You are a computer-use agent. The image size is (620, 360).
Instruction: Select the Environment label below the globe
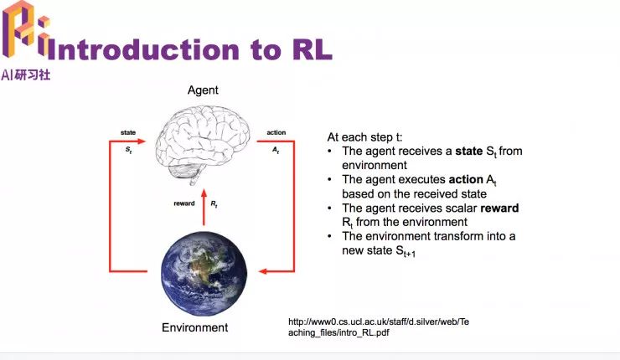[x=194, y=327]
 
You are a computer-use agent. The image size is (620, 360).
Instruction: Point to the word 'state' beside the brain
[x=128, y=132]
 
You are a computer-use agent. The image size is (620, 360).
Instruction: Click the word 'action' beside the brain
[x=276, y=132]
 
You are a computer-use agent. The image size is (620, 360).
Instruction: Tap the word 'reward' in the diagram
[x=184, y=203]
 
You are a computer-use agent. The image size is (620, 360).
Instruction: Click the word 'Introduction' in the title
[x=138, y=49]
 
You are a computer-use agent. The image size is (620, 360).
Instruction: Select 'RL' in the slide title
[x=310, y=49]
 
